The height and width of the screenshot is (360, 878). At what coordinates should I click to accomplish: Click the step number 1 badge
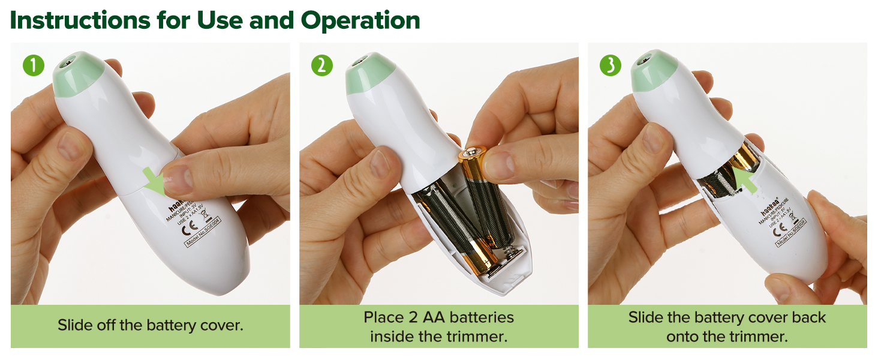(34, 65)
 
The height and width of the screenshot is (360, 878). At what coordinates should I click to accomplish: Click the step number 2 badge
(322, 65)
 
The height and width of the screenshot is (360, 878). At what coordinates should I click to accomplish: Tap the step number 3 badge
(611, 65)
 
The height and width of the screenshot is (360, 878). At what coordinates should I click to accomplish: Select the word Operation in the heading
(360, 20)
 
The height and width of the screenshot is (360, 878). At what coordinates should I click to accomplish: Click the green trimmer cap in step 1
(78, 74)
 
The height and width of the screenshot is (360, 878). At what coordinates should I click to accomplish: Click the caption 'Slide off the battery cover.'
(150, 325)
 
